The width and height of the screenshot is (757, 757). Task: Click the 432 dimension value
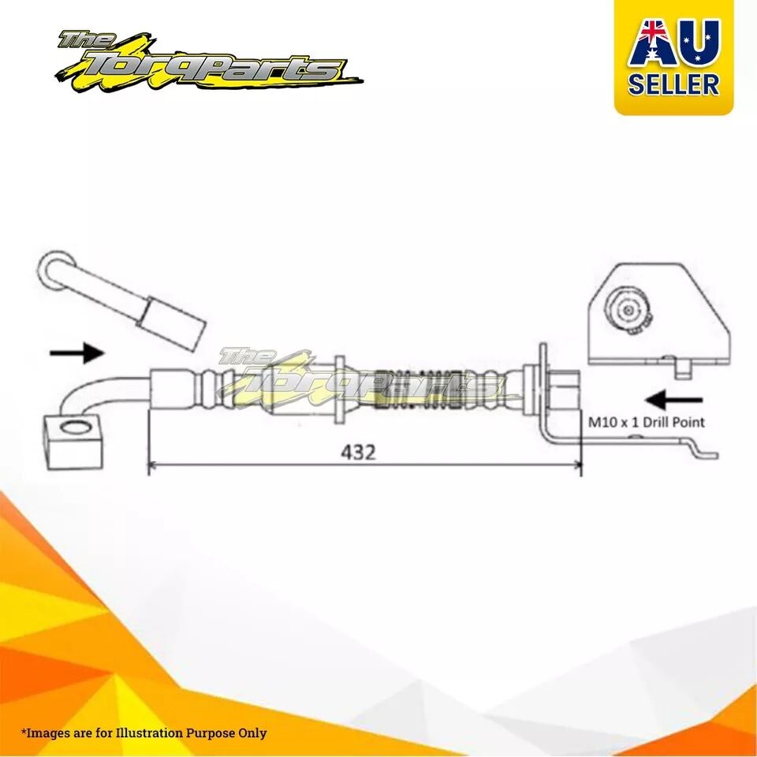[358, 453]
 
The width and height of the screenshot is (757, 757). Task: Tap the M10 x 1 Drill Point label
[646, 423]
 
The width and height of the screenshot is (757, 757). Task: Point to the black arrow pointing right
[77, 353]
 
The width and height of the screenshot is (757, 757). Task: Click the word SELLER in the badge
[673, 84]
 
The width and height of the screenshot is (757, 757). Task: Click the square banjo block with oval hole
[74, 442]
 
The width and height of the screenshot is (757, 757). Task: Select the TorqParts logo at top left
[207, 62]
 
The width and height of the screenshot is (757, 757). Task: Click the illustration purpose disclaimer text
[144, 733]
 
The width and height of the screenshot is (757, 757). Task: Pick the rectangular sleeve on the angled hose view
[172, 323]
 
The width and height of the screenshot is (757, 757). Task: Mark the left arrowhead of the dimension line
[152, 464]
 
